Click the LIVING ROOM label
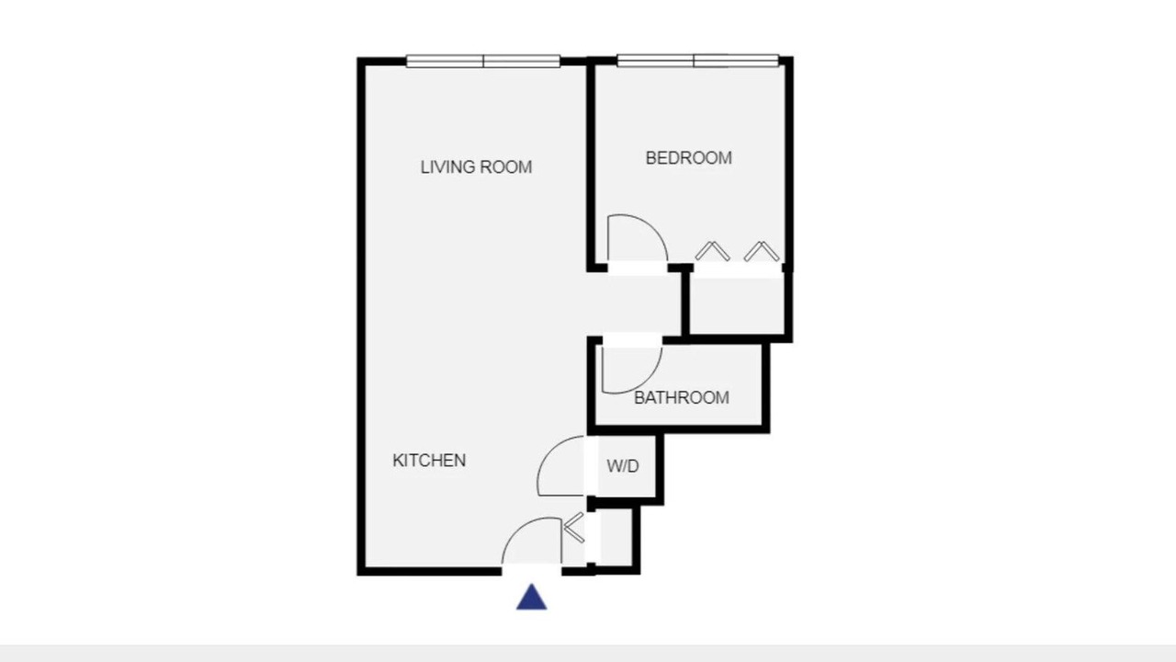476,167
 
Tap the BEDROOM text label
689,158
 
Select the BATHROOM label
682,398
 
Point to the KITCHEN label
429,461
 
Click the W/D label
623,466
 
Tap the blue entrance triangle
531,598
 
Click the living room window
483,62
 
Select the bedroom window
697,61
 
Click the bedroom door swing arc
651,227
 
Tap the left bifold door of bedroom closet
712,251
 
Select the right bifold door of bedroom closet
762,251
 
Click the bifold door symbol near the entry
574,527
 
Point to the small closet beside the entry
616,537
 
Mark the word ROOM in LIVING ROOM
506,167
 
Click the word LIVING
447,167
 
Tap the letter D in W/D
634,466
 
